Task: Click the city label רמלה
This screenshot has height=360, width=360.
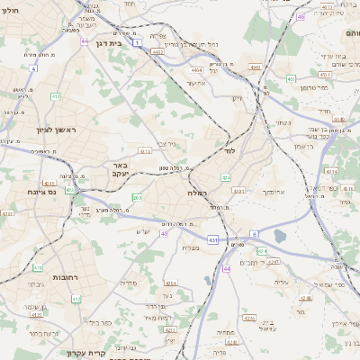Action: (199, 193)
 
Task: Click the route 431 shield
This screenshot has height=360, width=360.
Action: (212, 240)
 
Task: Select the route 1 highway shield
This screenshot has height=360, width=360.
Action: (137, 42)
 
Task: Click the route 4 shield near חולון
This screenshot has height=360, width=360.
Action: (33, 67)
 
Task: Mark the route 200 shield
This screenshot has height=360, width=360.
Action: (136, 197)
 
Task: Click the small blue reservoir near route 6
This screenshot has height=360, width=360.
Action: (280, 236)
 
